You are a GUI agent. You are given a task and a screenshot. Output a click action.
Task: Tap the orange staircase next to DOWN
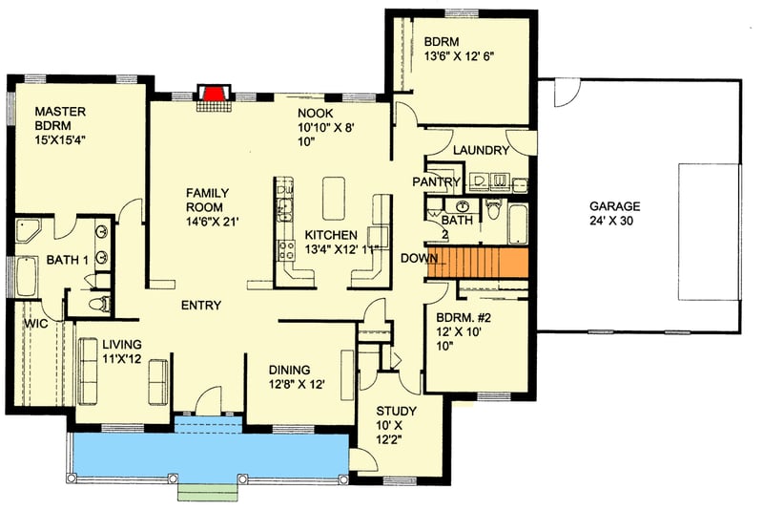[477, 262]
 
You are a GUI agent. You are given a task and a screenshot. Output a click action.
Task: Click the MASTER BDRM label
[61, 118]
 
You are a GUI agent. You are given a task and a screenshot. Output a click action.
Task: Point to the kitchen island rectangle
[334, 198]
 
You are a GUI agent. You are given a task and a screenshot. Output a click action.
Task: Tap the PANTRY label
[437, 181]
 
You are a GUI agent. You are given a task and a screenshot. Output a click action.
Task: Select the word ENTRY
[200, 306]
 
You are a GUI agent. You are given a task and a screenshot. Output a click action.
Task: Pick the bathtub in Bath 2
[517, 225]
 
